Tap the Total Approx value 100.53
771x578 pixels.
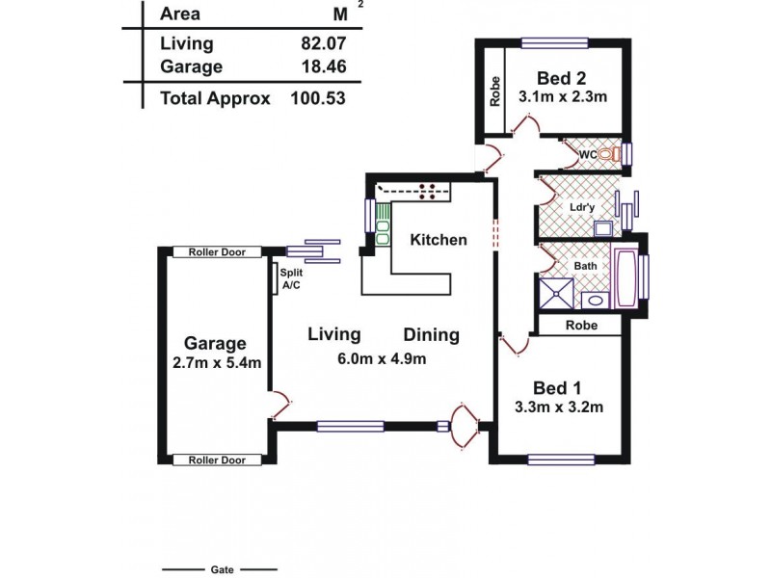(317, 97)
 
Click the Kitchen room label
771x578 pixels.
(439, 240)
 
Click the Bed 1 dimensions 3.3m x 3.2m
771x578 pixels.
(559, 407)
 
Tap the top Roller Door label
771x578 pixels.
(217, 252)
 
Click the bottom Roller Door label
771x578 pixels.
(217, 460)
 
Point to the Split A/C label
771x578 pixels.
(290, 278)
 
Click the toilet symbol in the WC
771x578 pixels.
(607, 154)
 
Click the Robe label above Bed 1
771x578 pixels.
(581, 327)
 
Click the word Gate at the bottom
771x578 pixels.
(221, 568)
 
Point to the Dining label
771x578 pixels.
(431, 336)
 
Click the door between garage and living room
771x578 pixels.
(279, 406)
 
